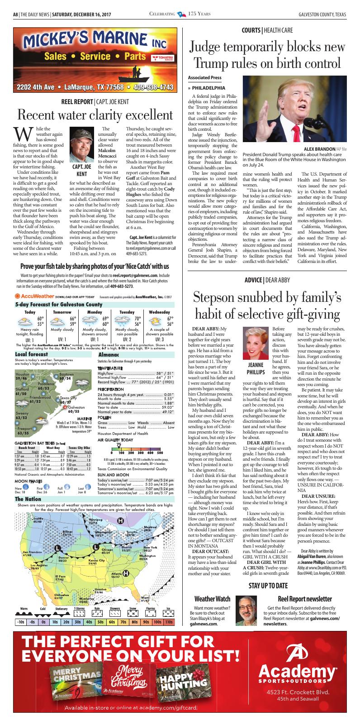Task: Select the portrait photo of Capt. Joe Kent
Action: click(x=82, y=141)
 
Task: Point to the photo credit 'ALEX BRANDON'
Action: click(x=318, y=149)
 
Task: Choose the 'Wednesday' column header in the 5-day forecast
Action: click(x=159, y=312)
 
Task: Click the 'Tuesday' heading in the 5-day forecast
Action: click(x=127, y=312)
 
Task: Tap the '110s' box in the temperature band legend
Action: click(x=169, y=622)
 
